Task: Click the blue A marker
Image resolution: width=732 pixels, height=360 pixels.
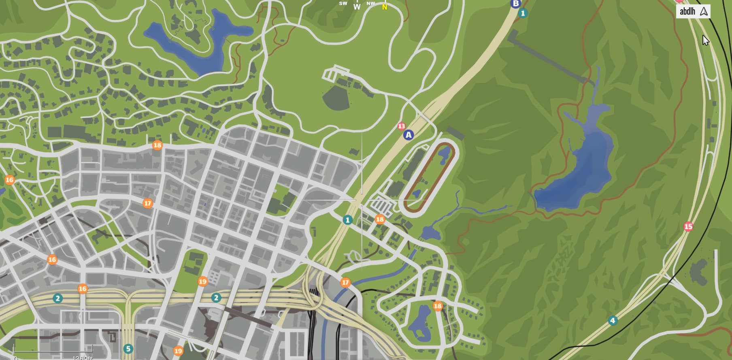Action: [409, 135]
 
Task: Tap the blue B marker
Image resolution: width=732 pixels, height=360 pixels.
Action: [515, 4]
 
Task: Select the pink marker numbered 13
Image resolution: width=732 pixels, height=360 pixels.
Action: [401, 126]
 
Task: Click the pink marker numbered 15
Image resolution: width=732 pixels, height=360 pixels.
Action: [688, 226]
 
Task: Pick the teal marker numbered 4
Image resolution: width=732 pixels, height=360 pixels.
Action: [613, 321]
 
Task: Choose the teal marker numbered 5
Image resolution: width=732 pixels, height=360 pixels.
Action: [128, 349]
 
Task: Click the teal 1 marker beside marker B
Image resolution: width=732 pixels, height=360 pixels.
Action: [523, 13]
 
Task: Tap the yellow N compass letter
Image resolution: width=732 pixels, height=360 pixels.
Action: [384, 7]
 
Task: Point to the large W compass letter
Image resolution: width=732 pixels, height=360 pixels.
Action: [357, 7]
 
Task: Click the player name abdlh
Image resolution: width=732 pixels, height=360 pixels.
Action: [687, 11]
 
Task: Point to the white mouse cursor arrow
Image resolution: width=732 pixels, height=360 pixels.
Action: [705, 40]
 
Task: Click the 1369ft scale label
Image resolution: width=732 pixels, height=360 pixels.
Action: [83, 358]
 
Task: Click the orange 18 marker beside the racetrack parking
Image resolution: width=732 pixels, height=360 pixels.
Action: [380, 219]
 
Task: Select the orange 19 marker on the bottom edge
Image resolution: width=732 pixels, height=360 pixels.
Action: [178, 351]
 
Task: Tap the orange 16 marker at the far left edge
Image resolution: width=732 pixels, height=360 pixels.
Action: [10, 180]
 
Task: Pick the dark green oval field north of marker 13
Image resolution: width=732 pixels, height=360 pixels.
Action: [336, 97]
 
